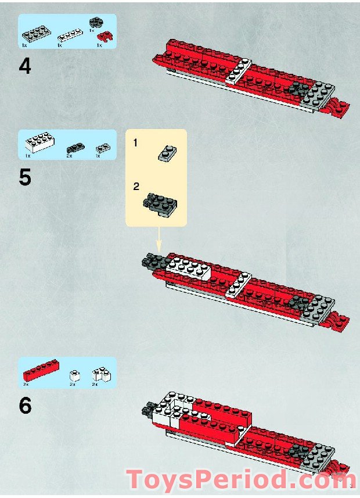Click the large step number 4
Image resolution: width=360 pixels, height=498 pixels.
(x=25, y=66)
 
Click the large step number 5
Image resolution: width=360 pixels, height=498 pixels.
(x=25, y=177)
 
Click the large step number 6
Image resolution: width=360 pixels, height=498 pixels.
(x=25, y=406)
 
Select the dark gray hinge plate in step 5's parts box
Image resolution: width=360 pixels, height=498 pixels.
(x=75, y=147)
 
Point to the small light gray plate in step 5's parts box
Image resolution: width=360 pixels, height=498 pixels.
(x=102, y=148)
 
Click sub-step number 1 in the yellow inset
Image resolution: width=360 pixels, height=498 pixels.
(x=136, y=142)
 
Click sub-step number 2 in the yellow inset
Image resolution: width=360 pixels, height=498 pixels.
(x=136, y=187)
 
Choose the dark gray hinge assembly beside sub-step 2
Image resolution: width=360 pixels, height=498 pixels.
(x=160, y=202)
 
